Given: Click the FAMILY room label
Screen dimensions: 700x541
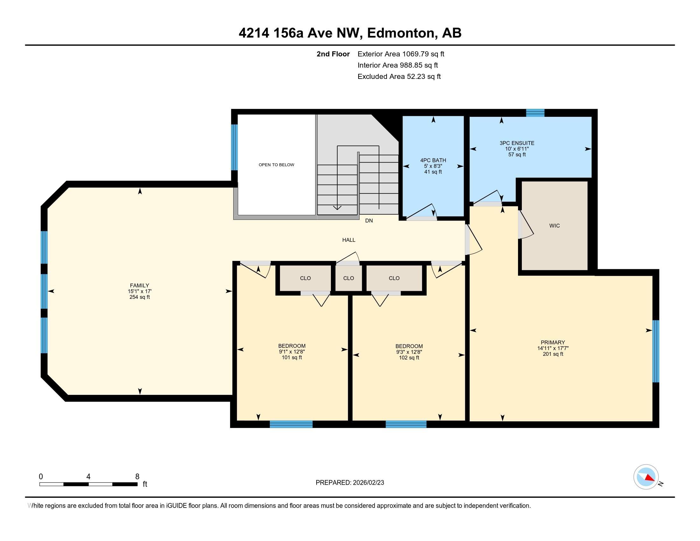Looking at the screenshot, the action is tap(139, 285).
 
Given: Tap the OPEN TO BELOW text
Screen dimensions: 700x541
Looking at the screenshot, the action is tap(276, 165).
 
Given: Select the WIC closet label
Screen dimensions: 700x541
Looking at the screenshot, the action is tap(555, 226).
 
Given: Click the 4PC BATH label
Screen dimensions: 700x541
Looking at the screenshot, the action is tap(433, 160).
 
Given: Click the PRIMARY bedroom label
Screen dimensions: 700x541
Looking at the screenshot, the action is tap(553, 342).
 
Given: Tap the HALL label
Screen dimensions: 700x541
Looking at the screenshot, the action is tap(349, 240).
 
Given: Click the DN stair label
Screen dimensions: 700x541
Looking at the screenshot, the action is tap(369, 221).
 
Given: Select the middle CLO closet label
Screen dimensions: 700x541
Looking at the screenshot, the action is tap(348, 278).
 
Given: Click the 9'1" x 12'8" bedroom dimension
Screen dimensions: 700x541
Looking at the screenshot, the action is tap(292, 352).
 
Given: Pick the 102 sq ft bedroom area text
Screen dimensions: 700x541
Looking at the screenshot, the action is tap(409, 357).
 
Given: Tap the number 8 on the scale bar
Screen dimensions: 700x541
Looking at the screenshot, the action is tap(137, 477).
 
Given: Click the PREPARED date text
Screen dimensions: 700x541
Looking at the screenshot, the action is tap(350, 482).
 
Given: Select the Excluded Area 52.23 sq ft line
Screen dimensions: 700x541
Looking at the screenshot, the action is tap(399, 76).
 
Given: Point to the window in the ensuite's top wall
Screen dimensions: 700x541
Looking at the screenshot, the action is tap(535, 113).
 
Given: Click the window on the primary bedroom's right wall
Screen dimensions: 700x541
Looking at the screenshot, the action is tap(656, 351).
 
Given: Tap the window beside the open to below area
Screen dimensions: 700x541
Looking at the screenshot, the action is tap(234, 147).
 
